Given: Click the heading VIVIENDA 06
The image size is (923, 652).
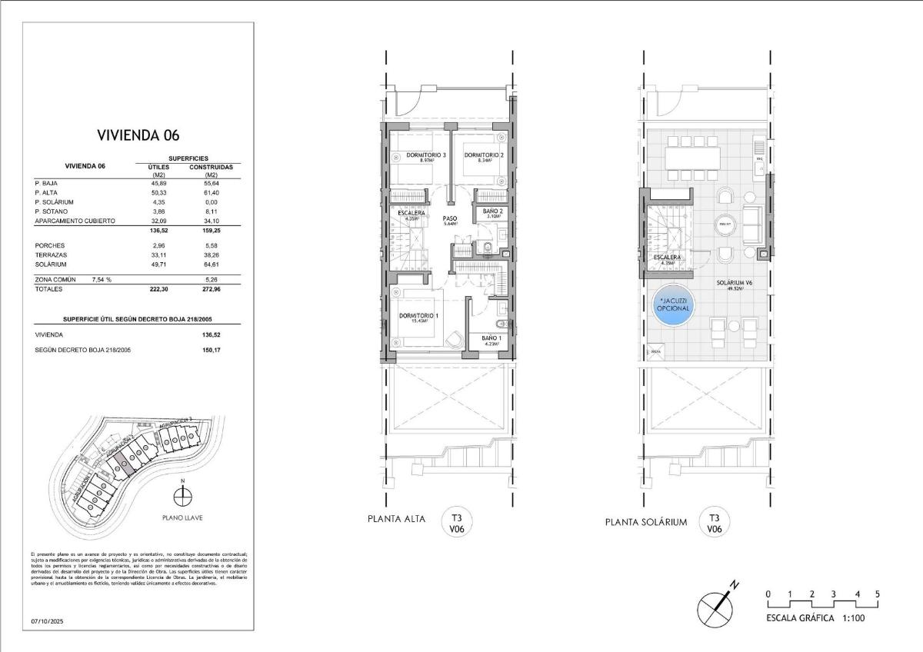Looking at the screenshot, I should pyautogui.click(x=138, y=135).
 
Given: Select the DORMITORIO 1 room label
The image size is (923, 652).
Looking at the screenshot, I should pyautogui.click(x=418, y=316).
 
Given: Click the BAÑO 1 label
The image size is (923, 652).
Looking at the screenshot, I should pyautogui.click(x=492, y=338).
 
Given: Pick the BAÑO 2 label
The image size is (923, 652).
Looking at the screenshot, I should pyautogui.click(x=493, y=211).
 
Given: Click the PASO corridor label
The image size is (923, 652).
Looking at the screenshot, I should pyautogui.click(x=450, y=219).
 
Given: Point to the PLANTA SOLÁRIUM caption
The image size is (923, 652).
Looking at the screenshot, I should pyautogui.click(x=645, y=523).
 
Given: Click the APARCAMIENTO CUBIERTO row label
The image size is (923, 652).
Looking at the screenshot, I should pyautogui.click(x=75, y=221).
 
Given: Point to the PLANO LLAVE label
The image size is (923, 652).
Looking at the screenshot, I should pyautogui.click(x=182, y=518).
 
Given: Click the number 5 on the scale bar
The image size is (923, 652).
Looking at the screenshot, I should pyautogui.click(x=877, y=594).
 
